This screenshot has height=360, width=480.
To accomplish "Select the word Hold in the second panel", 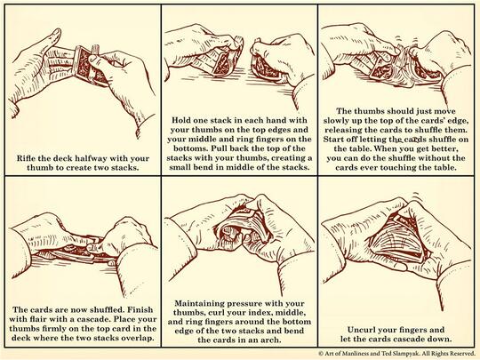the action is point(181,120).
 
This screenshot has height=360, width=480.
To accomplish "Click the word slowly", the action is point(336,120).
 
